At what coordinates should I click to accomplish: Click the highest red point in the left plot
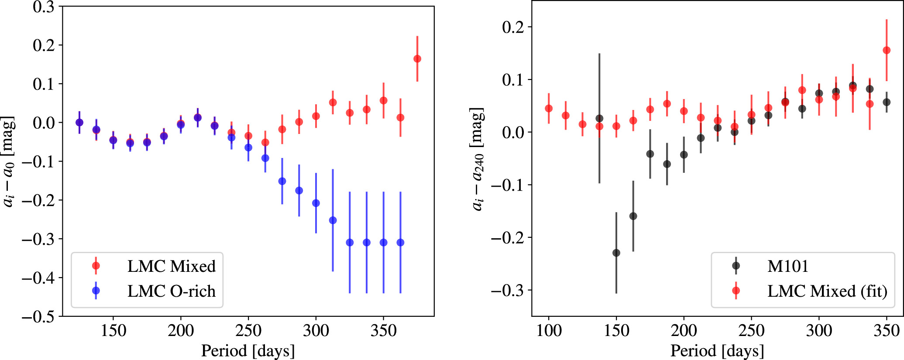tap(417, 59)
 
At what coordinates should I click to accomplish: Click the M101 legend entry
tap(770, 266)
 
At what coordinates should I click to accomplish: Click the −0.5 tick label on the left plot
tap(38, 316)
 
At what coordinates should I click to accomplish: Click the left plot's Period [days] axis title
tap(248, 351)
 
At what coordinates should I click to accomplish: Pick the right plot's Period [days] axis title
tap(717, 351)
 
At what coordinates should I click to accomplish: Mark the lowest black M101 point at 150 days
tap(616, 253)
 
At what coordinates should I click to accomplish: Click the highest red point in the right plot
tap(887, 51)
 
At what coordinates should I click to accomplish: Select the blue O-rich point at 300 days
tap(316, 203)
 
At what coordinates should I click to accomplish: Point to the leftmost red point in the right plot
tap(549, 109)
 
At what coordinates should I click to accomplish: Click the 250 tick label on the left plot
tap(248, 331)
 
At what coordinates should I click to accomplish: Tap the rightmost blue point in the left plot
tap(400, 243)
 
